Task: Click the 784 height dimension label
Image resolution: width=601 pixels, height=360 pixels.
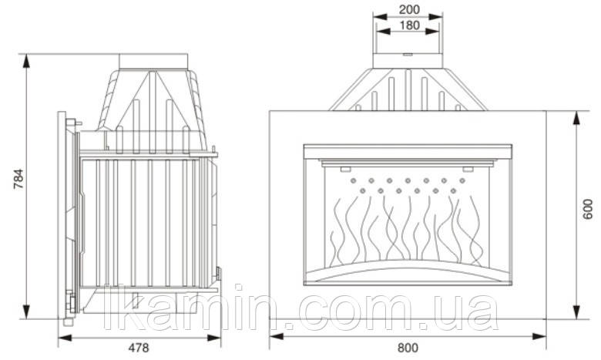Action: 18,178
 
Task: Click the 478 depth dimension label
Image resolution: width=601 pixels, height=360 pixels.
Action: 139,348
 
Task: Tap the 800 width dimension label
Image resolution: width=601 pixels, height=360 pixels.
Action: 408,348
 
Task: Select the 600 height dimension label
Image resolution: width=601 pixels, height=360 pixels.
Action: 587,209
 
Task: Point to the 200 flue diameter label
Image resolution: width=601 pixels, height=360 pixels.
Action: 409,9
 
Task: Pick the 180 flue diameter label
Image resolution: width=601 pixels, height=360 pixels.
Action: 409,25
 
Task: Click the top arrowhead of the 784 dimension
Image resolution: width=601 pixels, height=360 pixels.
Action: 26,61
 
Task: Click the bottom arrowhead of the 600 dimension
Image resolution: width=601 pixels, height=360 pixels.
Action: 576,311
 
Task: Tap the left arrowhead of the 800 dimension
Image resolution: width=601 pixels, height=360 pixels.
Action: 277,336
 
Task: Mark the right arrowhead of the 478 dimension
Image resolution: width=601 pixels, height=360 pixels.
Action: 214,338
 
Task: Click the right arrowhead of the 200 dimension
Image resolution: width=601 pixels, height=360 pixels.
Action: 436,16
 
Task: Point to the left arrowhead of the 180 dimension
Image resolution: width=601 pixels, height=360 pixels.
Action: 383,32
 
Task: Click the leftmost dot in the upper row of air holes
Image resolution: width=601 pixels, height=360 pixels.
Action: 353,180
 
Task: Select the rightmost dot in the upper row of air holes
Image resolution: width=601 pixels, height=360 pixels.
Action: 462,180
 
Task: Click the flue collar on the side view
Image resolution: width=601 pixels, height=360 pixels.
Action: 153,62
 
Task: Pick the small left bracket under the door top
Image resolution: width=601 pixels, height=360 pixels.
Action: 344,169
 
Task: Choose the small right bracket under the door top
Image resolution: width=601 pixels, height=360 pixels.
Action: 468,169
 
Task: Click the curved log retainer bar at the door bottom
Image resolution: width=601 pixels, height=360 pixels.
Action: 408,271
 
